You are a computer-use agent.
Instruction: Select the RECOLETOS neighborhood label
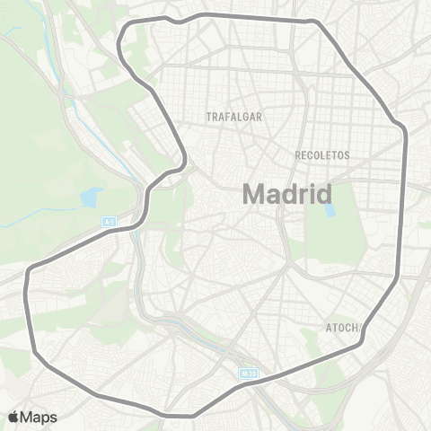click(x=322, y=154)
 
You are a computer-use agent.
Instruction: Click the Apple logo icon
click(x=13, y=417)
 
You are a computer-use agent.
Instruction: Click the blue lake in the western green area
click(x=91, y=197)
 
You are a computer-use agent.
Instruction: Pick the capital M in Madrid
click(x=255, y=195)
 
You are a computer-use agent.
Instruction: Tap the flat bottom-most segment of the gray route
click(x=180, y=416)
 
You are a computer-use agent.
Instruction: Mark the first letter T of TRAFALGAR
click(x=208, y=117)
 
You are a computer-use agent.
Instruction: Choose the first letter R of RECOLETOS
click(x=298, y=154)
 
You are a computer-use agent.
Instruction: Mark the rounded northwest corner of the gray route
click(x=122, y=40)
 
